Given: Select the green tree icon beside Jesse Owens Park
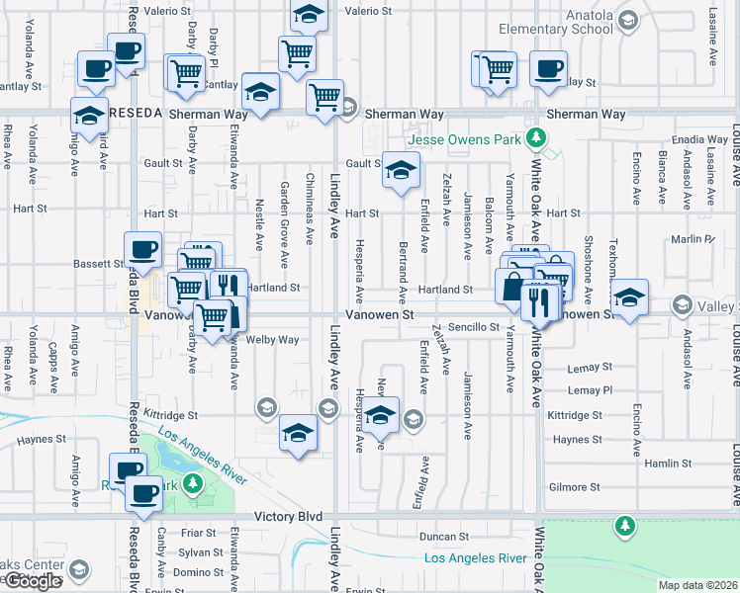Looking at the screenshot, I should coord(536,136).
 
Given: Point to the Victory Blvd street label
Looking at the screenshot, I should coord(289,517).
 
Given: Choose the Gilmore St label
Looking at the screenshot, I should coord(575,487).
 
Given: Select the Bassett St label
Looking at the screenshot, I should coord(98,264).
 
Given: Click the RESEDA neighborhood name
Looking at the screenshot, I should coord(135,114).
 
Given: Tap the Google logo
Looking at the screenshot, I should coord(33,581).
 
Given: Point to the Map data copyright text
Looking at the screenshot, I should coord(697,585).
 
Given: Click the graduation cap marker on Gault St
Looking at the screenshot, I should coord(400,171).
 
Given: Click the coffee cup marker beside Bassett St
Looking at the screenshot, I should coord(142,249).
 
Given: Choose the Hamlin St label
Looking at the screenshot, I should coord(667,464).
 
